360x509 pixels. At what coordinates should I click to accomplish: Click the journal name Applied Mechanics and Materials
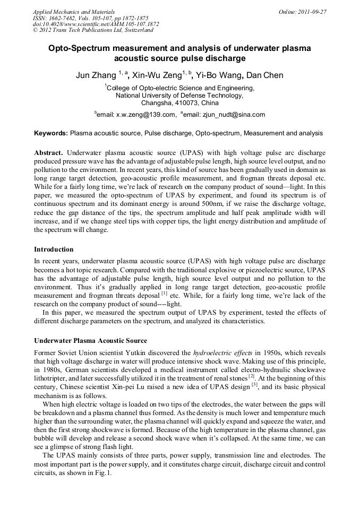click(x=74, y=11)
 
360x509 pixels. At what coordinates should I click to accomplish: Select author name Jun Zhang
click(x=96, y=75)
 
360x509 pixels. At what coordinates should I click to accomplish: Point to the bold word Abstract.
click(x=49, y=152)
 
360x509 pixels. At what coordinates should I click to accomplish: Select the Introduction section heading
click(x=54, y=249)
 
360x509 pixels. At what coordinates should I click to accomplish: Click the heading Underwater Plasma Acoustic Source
click(x=90, y=340)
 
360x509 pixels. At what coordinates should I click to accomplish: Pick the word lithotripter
click(x=52, y=378)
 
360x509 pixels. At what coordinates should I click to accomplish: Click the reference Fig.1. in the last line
click(x=104, y=473)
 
